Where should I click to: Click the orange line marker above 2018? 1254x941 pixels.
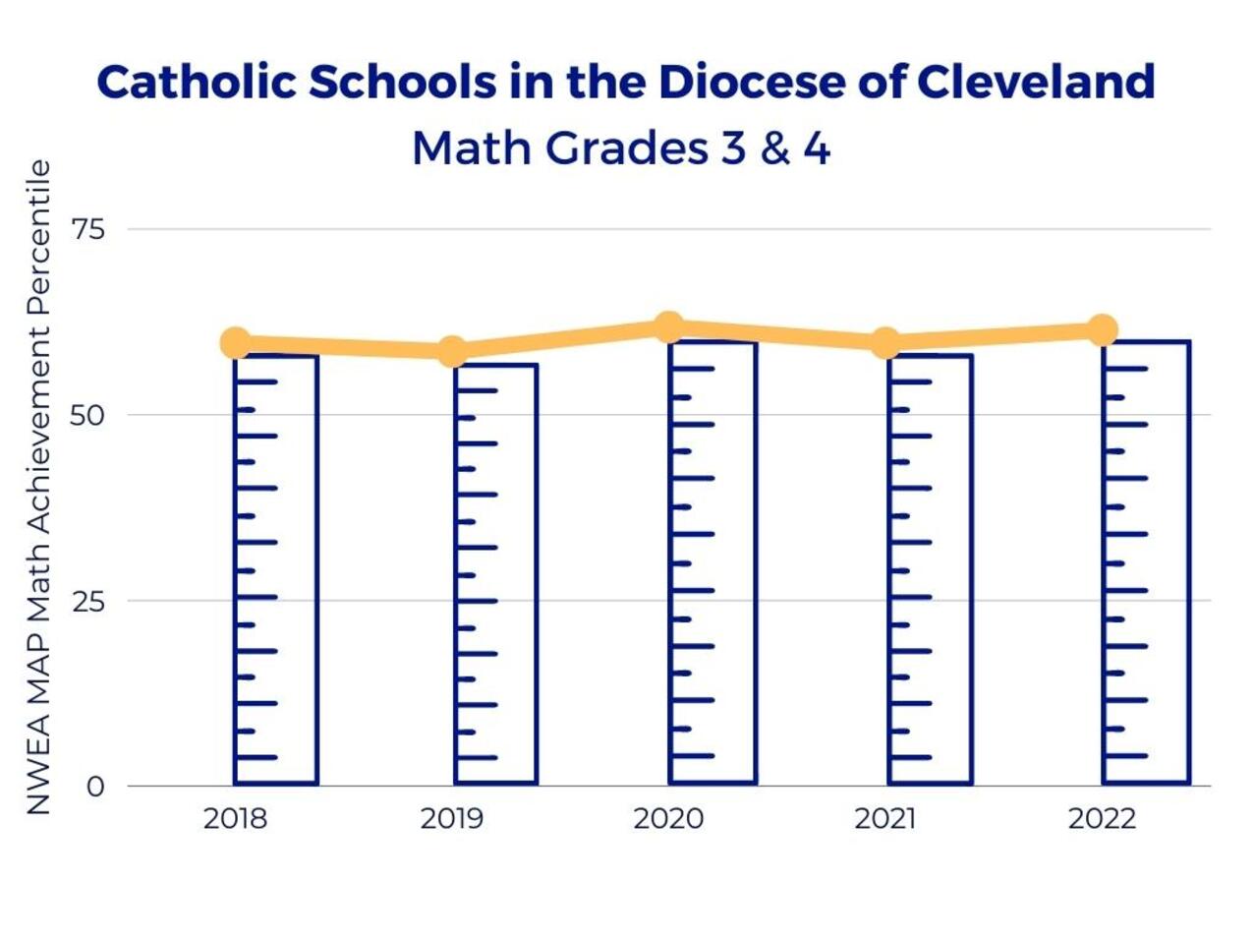coord(235,342)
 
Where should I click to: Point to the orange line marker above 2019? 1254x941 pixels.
coord(452,351)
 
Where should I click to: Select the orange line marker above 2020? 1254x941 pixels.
coord(669,327)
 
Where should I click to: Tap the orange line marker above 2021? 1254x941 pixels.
coord(885,342)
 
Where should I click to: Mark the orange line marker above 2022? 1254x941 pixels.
coord(1103,329)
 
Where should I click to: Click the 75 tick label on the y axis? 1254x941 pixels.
coord(87,230)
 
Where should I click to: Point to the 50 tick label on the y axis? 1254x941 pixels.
coord(87,415)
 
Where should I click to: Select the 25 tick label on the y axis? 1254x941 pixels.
coord(87,601)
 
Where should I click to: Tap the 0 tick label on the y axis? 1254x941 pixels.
coord(95,787)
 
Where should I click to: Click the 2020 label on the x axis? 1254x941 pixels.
coord(668,819)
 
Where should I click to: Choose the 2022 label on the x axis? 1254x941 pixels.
coord(1102,819)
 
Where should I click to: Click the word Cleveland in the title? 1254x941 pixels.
coord(1036,82)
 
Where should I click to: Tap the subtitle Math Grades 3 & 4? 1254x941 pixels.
coord(621,148)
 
